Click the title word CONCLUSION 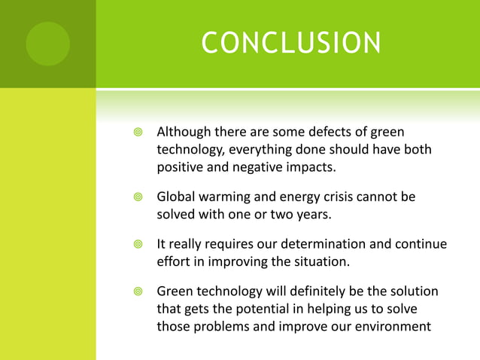(x=290, y=43)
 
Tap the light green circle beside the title (x=47, y=43)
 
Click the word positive (x=181, y=166)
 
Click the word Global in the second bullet (x=176, y=197)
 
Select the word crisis (x=338, y=197)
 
